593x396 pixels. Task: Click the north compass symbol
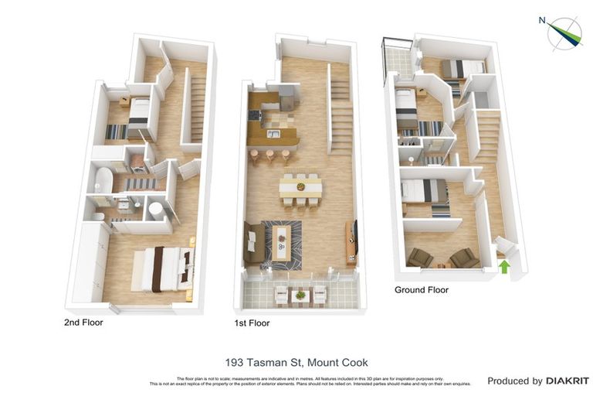pyautogui.click(x=564, y=32)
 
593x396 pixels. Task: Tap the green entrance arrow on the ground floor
pyautogui.click(x=505, y=267)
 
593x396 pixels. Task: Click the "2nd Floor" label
pyautogui.click(x=83, y=323)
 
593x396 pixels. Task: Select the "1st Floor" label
pyautogui.click(x=252, y=323)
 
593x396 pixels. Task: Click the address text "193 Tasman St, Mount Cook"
pyautogui.click(x=296, y=362)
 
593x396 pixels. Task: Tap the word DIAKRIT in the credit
pyautogui.click(x=568, y=381)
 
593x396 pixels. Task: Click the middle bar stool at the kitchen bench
pyautogui.click(x=269, y=155)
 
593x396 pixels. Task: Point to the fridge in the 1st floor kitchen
pyautogui.click(x=286, y=97)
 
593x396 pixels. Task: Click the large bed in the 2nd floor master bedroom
pyautogui.click(x=161, y=268)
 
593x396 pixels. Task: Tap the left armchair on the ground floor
pyautogui.click(x=421, y=257)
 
